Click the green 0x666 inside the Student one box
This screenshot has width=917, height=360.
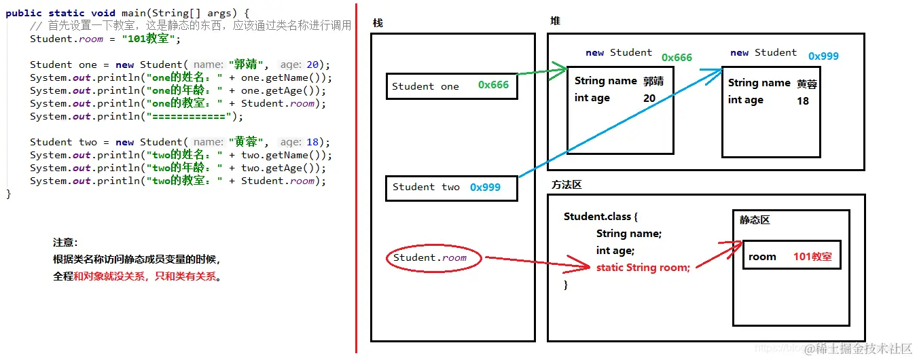tap(493, 86)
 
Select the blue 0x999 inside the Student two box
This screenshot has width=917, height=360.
tap(485, 187)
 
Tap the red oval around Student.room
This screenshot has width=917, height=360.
tap(434, 258)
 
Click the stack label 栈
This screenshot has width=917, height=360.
tap(378, 23)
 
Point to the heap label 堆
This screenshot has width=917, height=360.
tap(555, 21)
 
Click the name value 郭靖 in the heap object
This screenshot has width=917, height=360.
tap(653, 81)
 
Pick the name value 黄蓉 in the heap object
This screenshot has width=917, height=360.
tap(807, 84)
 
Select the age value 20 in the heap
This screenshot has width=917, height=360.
tap(649, 98)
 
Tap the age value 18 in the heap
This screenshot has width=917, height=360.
tap(803, 101)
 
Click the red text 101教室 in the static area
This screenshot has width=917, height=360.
tap(812, 257)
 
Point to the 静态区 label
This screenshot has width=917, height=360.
tap(755, 221)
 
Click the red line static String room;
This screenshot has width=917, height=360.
tap(643, 268)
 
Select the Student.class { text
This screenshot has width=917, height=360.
tap(600, 217)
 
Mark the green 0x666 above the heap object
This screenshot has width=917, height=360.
tap(677, 58)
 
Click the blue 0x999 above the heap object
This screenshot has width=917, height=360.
tap(823, 56)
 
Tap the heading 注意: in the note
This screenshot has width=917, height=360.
tap(65, 242)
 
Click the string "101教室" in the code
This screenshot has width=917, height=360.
tap(151, 39)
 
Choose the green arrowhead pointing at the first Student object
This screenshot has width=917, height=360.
tap(560, 68)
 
